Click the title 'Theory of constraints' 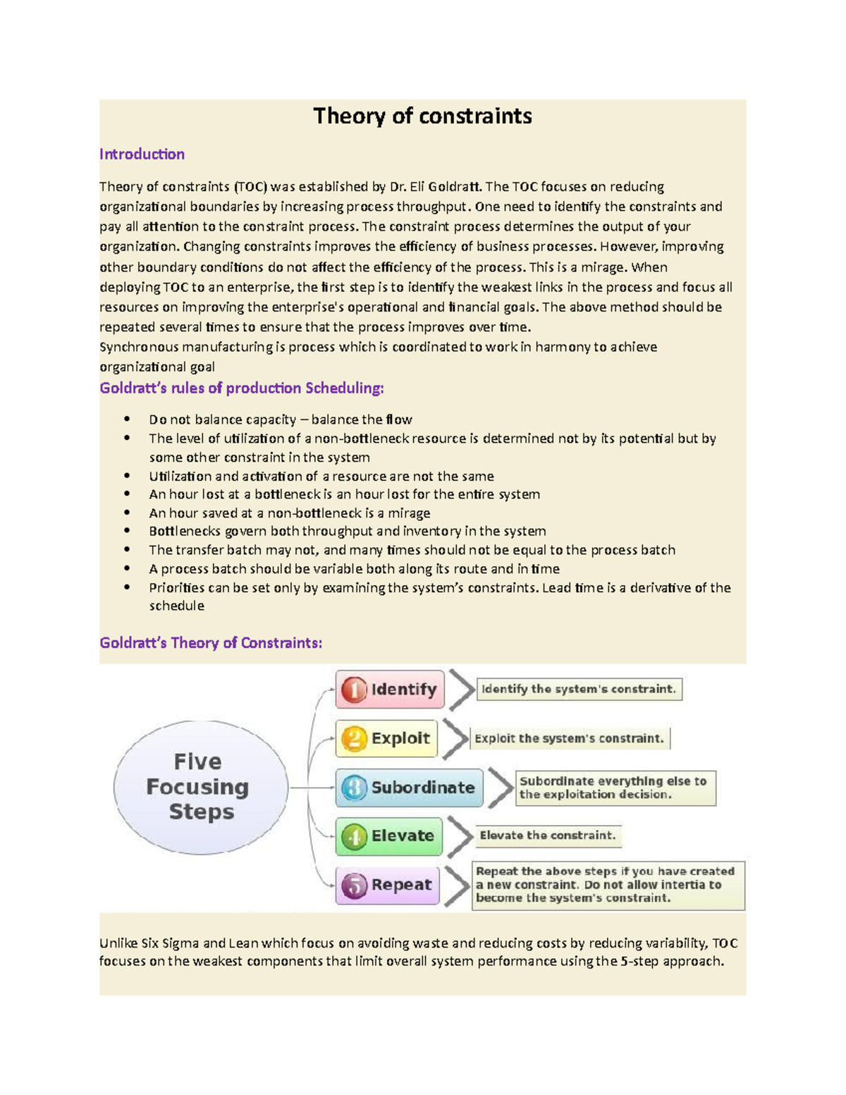click(x=422, y=116)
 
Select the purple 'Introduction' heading click(x=142, y=154)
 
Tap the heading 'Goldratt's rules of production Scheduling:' click(x=242, y=388)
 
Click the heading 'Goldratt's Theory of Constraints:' click(x=211, y=642)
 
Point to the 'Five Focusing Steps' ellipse click(x=200, y=787)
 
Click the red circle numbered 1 click(x=354, y=690)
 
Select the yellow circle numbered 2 click(x=354, y=738)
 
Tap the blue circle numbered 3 click(x=354, y=788)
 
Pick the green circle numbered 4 click(x=354, y=836)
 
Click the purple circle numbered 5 click(x=354, y=885)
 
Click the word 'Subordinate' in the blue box click(x=423, y=788)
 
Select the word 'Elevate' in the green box click(x=403, y=836)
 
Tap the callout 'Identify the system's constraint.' click(x=579, y=689)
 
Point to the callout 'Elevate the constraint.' click(x=548, y=836)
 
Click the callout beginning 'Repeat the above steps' click(x=607, y=885)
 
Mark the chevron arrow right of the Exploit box click(x=456, y=739)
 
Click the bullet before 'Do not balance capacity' click(x=127, y=419)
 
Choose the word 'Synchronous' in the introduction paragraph click(x=139, y=347)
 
